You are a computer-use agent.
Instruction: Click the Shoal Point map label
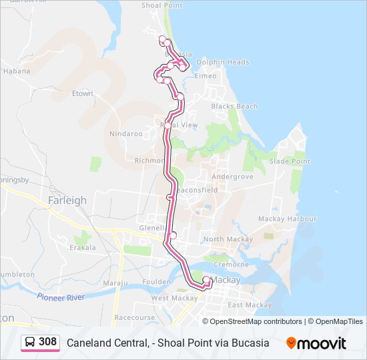(x=162, y=5)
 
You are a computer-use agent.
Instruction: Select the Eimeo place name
(x=206, y=76)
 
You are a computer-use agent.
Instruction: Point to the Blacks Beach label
(x=234, y=106)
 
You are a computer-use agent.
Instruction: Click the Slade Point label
(x=290, y=161)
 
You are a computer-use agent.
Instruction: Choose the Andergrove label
(x=232, y=177)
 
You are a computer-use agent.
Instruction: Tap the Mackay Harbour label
(x=288, y=219)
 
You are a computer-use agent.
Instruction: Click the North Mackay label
(x=228, y=239)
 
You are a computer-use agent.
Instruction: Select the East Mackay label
(x=250, y=305)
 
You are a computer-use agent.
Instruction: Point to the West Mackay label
(x=169, y=298)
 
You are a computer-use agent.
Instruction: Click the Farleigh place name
(x=67, y=200)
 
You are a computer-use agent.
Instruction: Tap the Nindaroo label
(x=126, y=133)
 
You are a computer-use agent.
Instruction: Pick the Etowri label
(x=82, y=93)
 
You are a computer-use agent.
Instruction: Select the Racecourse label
(x=133, y=318)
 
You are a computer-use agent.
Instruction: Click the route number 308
(x=47, y=343)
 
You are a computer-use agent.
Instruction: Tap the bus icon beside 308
(x=30, y=343)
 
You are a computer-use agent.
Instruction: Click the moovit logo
(x=316, y=343)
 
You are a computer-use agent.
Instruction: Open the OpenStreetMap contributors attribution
(x=256, y=321)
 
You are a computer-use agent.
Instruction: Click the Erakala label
(x=83, y=247)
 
